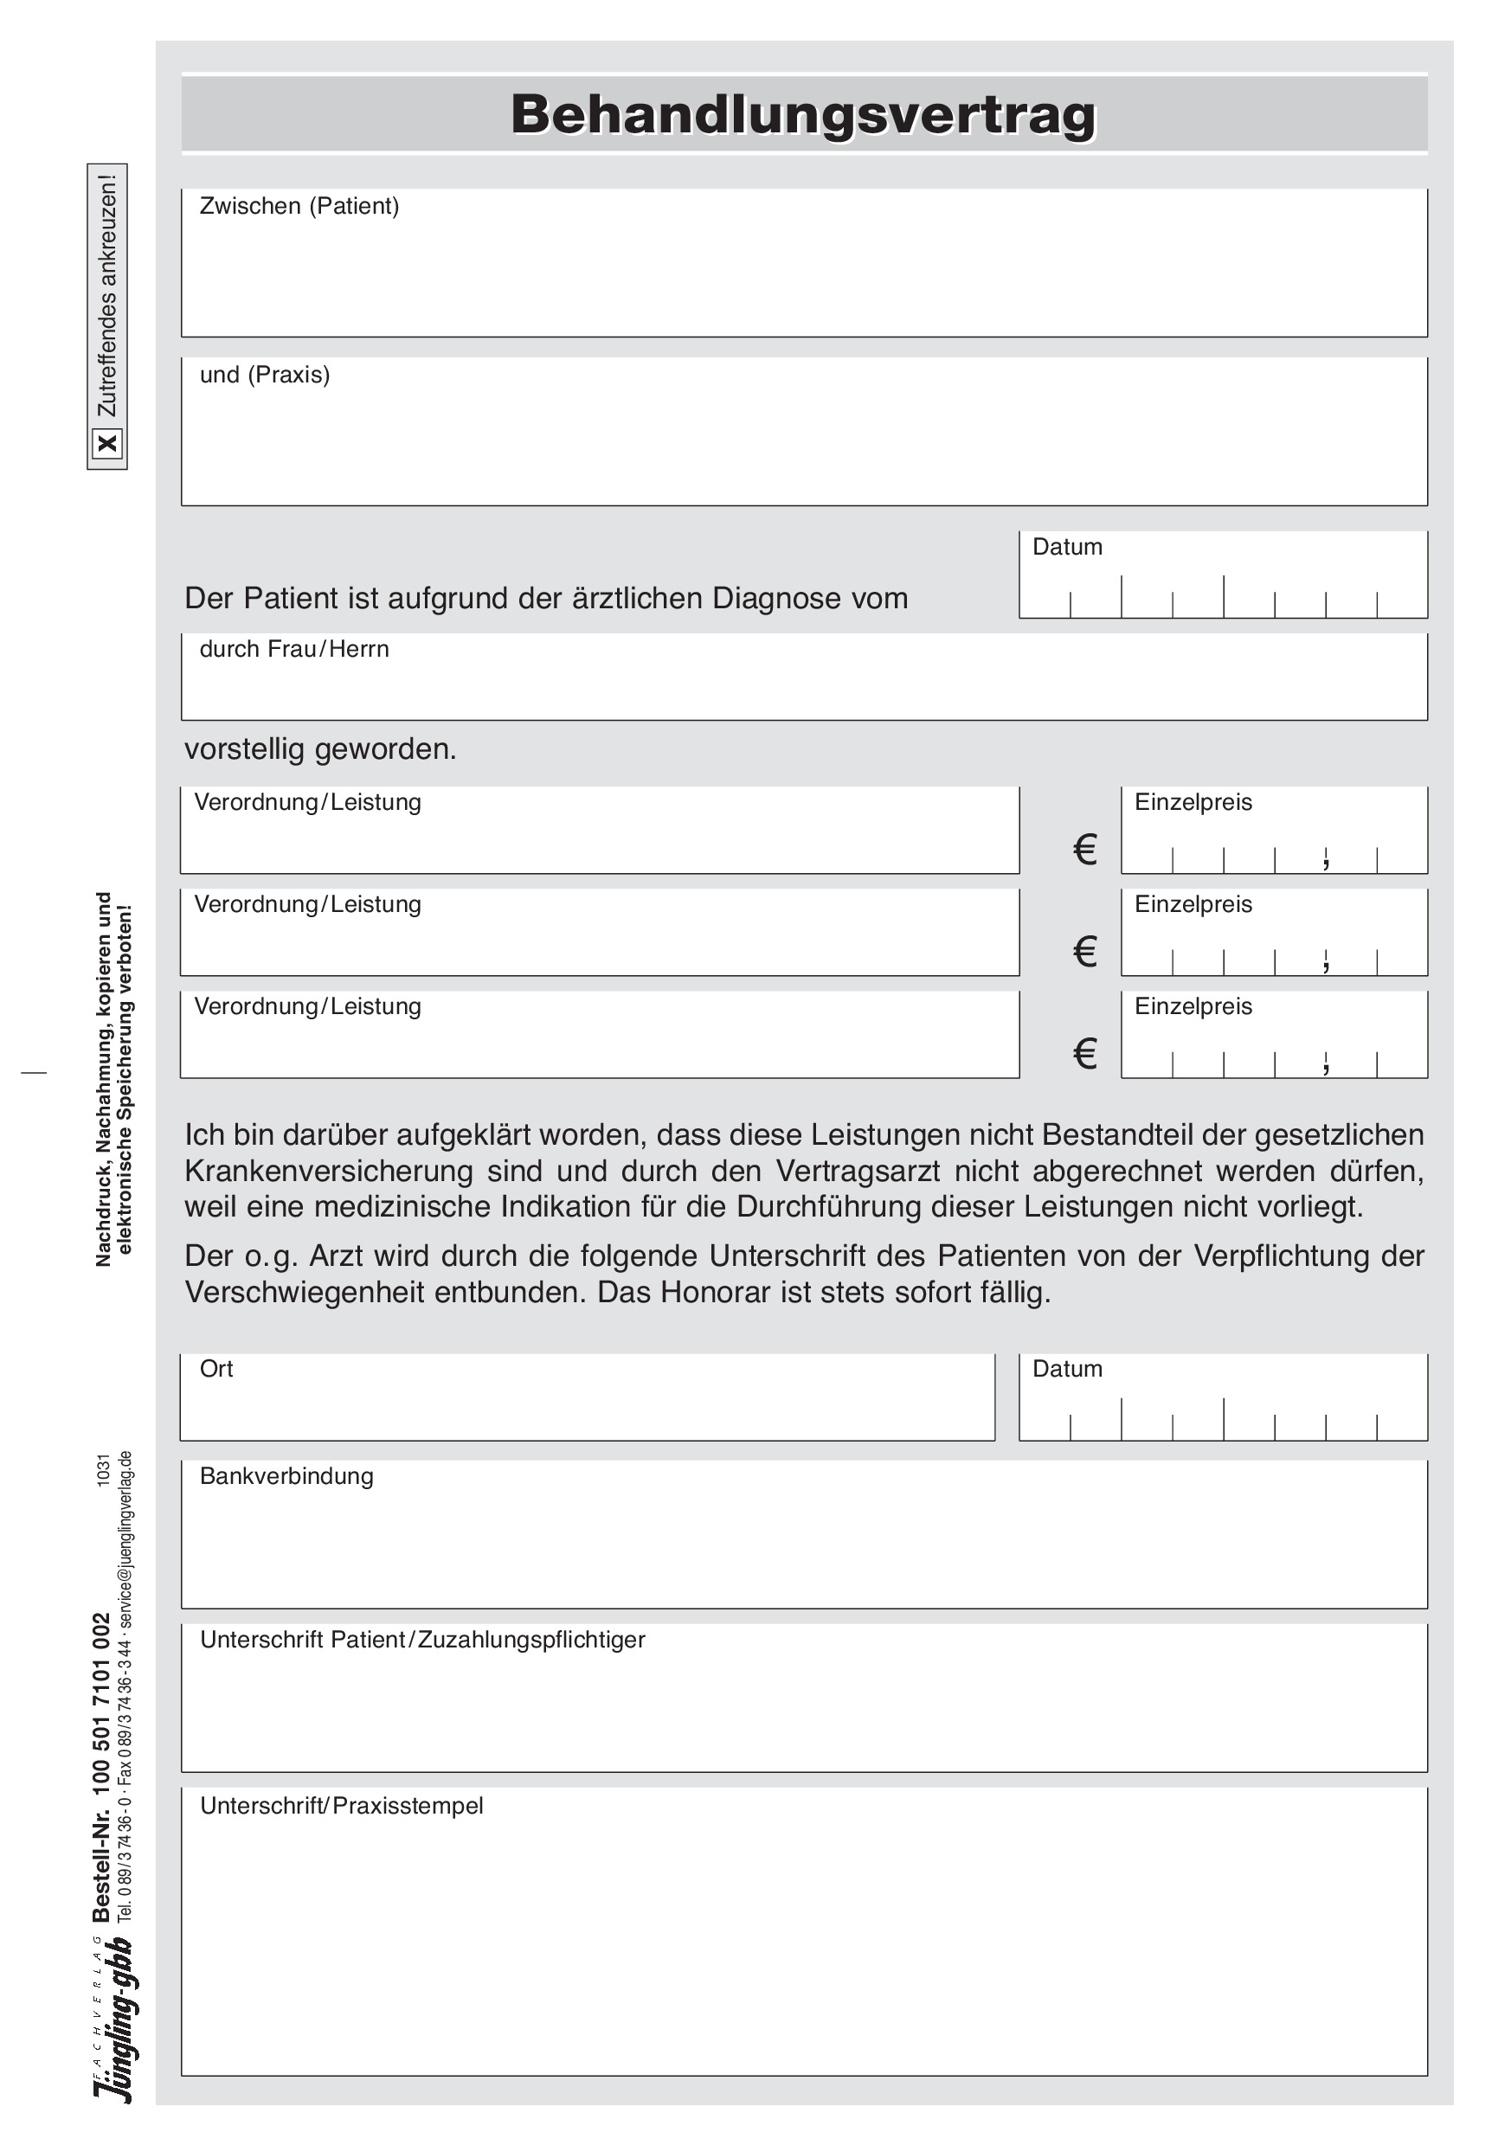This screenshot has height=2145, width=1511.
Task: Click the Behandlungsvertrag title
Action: (x=804, y=114)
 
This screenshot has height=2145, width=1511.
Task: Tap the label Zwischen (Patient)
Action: (x=299, y=206)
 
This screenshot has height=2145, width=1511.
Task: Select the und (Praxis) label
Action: (x=265, y=375)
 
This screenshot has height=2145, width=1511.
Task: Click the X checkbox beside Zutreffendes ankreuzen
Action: (x=107, y=443)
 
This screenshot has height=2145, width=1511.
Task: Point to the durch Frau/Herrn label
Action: (x=293, y=648)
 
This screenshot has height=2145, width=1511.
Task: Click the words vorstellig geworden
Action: (x=319, y=749)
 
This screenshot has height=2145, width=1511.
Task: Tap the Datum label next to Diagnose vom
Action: (x=1067, y=547)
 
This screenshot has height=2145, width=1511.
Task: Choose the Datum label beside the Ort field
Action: (x=1067, y=1369)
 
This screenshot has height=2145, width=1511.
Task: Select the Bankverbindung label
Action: (x=286, y=1476)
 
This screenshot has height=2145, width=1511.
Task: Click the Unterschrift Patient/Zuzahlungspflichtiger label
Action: (x=422, y=1640)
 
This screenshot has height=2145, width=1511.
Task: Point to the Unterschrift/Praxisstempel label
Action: (x=341, y=1806)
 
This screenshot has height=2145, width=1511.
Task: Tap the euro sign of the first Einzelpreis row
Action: (x=1084, y=849)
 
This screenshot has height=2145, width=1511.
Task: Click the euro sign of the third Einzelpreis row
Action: (x=1084, y=1054)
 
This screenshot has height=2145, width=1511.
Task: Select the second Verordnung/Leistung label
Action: (x=307, y=904)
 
